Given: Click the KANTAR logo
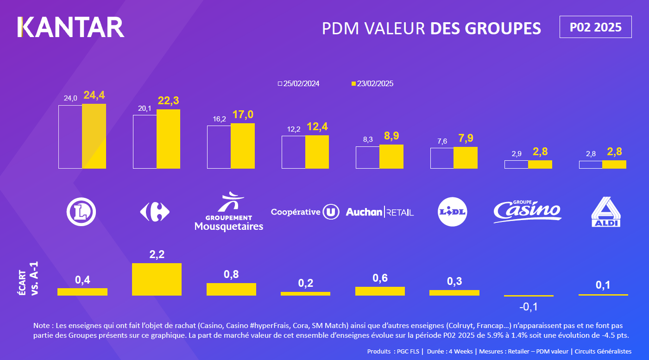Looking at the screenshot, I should point(71,27).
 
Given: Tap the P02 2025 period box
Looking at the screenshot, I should point(595,27).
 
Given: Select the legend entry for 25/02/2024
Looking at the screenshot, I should point(298,84).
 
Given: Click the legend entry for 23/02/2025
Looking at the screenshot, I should point(372,84).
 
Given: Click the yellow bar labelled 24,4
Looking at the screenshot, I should point(94,136).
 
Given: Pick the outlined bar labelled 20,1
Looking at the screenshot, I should point(145,141).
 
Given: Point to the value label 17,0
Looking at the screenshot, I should point(243,115).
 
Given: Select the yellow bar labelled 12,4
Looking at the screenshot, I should point(317,152).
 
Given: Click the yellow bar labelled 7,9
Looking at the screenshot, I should point(465,158).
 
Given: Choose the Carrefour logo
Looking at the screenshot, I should point(155,212).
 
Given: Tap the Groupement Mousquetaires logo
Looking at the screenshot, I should point(229,211).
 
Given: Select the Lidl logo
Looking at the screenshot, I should point(452,212).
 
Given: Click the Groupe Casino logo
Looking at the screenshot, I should point(527,211).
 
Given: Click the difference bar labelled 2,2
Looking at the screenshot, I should point(157,279).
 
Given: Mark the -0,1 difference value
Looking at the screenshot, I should point(529,307).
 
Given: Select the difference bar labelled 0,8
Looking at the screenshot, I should point(231,289).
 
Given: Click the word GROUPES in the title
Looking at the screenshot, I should point(508,28).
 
